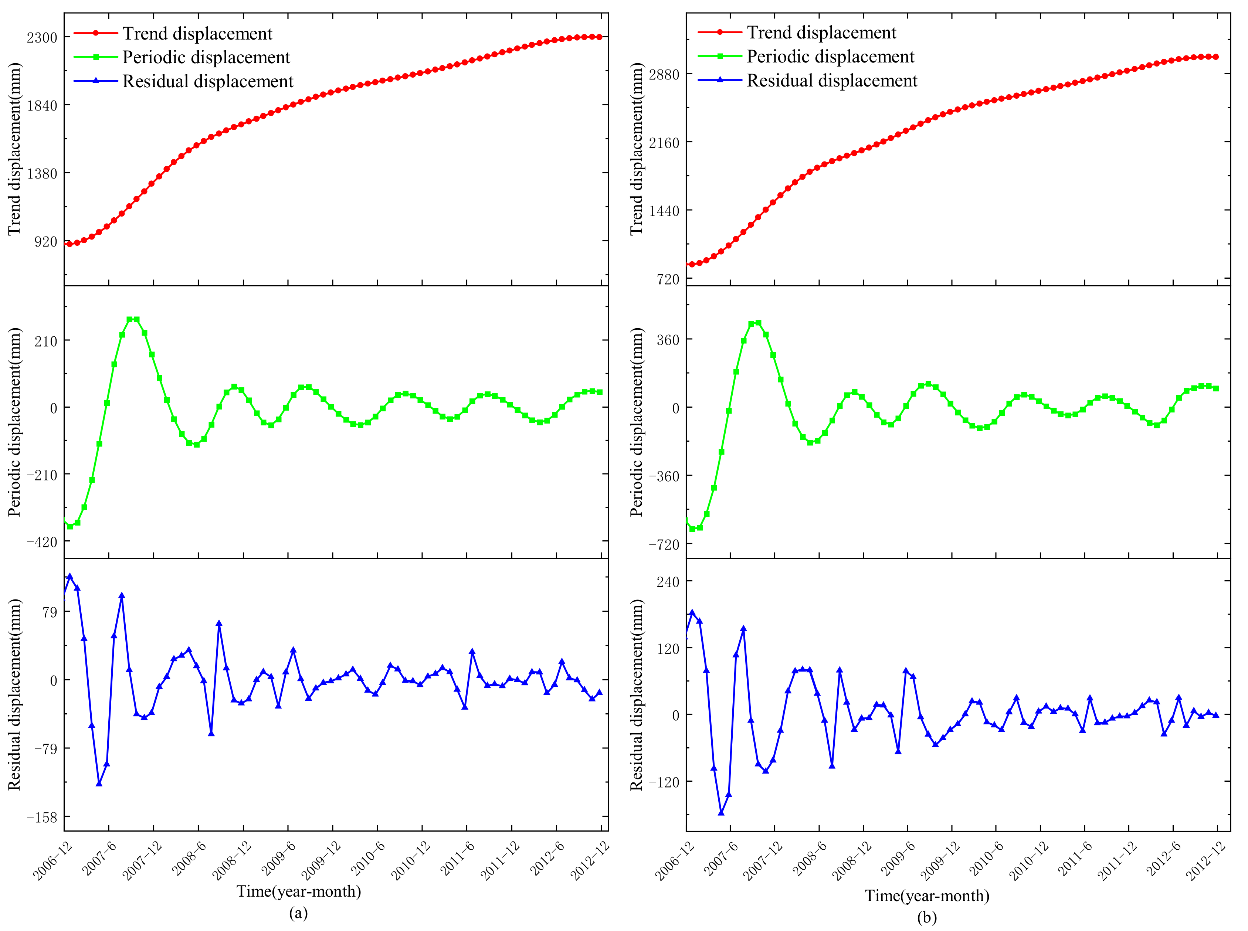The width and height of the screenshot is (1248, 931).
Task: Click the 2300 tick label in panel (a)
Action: [42, 37]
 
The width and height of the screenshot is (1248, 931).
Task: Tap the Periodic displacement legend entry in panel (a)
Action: [206, 58]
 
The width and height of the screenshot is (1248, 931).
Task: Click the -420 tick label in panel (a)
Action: [42, 542]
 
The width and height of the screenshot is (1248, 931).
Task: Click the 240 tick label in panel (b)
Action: [667, 581]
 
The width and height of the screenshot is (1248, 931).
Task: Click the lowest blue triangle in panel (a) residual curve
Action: [99, 783]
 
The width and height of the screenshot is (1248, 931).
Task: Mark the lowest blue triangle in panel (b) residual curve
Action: [721, 813]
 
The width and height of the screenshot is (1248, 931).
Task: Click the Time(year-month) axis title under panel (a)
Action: [298, 891]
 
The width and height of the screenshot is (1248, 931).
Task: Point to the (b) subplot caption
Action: [927, 917]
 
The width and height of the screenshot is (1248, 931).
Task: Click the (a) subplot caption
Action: [298, 913]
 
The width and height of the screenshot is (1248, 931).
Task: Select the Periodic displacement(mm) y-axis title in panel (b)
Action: [637, 422]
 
